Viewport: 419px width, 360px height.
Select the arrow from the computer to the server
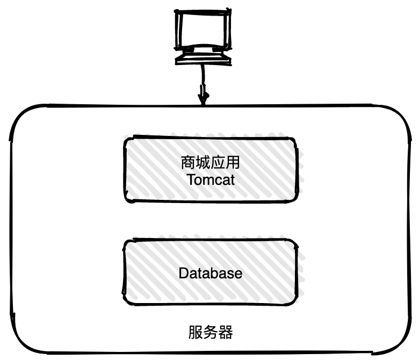click(x=203, y=81)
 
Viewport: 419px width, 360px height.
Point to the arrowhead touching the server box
click(x=204, y=100)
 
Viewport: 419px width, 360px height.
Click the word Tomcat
click(x=211, y=179)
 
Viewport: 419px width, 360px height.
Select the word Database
click(x=210, y=273)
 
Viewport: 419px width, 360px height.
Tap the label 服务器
click(x=211, y=332)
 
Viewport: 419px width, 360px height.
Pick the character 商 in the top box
click(x=188, y=162)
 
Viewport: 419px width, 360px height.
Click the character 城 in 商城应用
click(x=203, y=162)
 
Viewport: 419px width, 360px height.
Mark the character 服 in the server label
click(x=196, y=332)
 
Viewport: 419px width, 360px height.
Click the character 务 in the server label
click(x=211, y=332)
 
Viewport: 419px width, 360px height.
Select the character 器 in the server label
click(x=226, y=332)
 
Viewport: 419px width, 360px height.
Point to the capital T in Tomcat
click(x=192, y=179)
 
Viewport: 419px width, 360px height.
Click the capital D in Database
click(x=183, y=273)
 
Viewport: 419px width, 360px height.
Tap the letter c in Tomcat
click(x=219, y=181)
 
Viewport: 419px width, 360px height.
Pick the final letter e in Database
click(x=239, y=274)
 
